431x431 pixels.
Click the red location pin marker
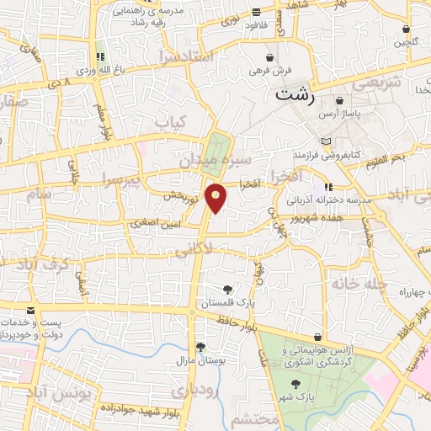(217, 197)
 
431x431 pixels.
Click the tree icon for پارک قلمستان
(227, 290)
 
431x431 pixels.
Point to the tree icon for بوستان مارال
(200, 346)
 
